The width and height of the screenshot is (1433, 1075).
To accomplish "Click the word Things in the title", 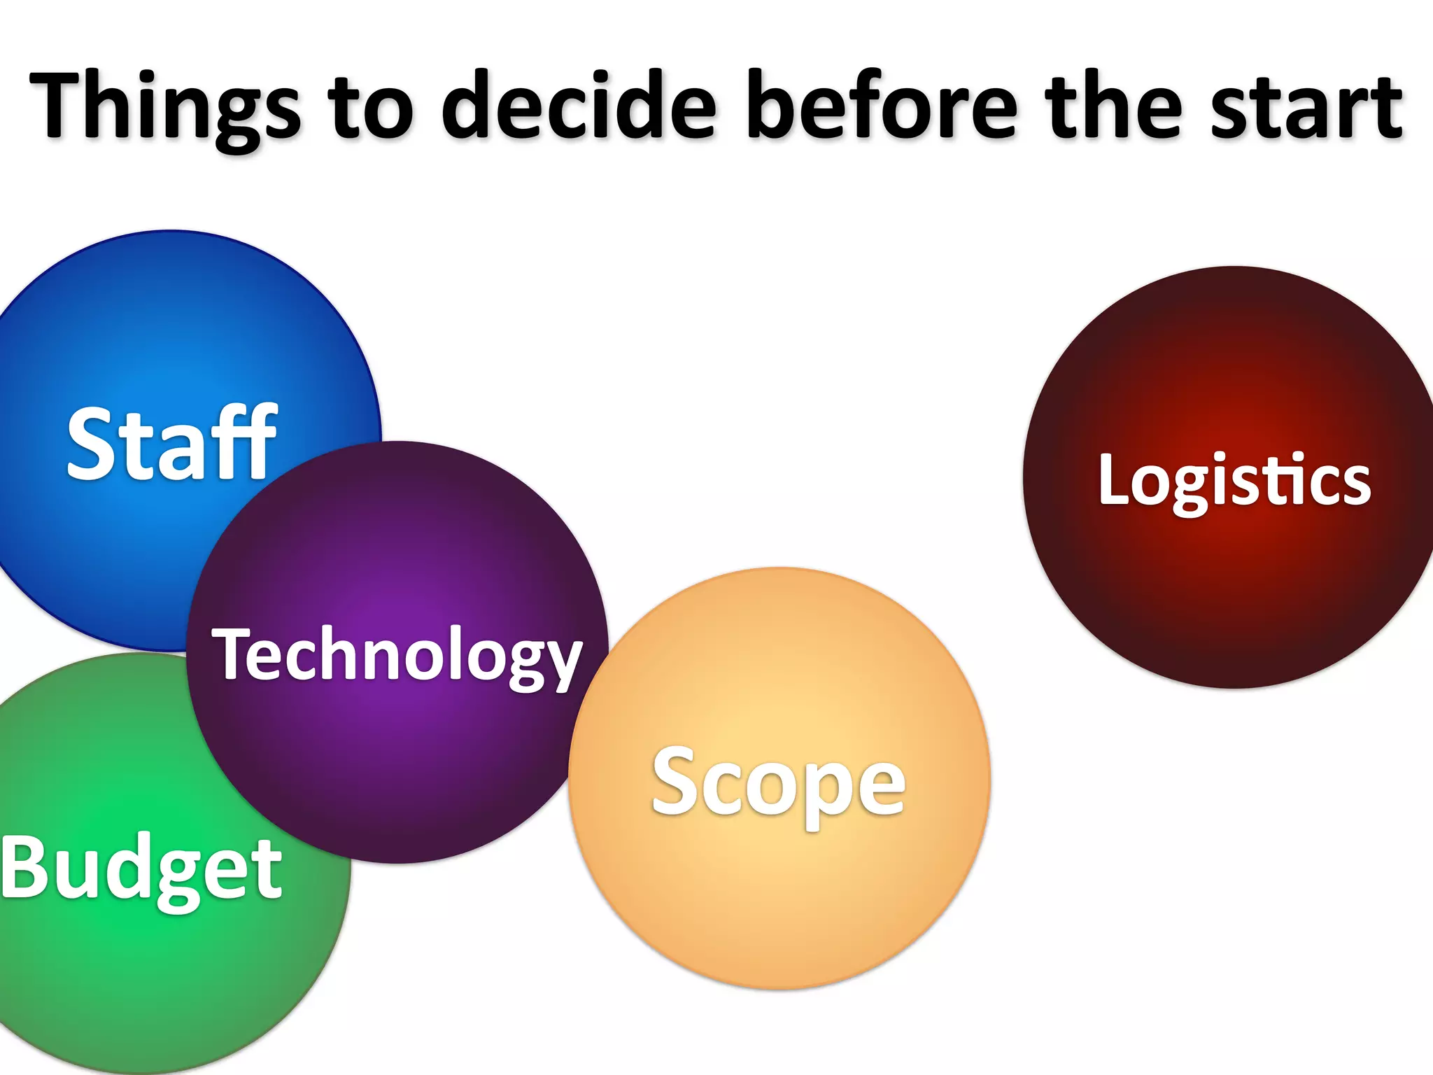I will pyautogui.click(x=164, y=106).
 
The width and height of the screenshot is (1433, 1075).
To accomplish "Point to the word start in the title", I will pyautogui.click(x=1306, y=106).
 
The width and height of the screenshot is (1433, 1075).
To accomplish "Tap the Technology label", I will pyautogui.click(x=397, y=654).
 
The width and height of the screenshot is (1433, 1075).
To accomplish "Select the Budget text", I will pyautogui.click(x=141, y=869).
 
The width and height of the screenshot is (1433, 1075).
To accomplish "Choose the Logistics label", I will pyautogui.click(x=1234, y=480).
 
